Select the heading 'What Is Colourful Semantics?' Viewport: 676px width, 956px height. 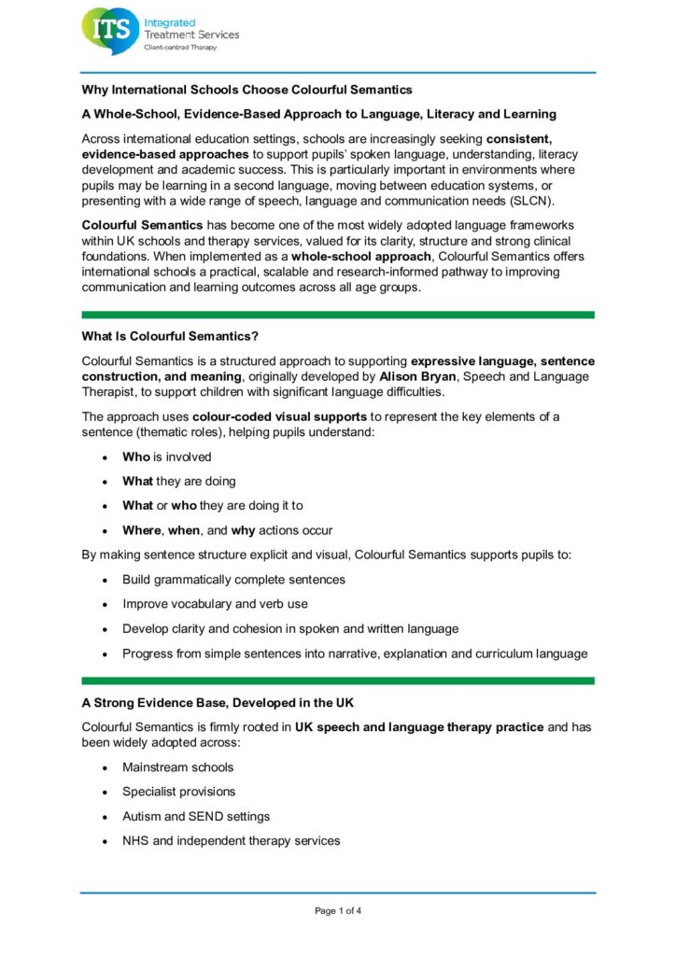click(167, 336)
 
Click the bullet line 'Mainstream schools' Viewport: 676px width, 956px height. click(178, 767)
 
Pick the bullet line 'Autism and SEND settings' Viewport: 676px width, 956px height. click(196, 816)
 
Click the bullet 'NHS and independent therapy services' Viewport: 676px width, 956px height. click(231, 840)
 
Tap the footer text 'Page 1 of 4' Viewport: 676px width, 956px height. click(338, 911)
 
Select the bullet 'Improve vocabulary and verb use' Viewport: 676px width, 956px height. click(215, 604)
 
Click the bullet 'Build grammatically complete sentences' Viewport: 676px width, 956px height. click(233, 580)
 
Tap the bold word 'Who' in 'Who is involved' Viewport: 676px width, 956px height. click(135, 457)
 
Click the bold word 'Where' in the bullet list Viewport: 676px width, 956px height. click(142, 530)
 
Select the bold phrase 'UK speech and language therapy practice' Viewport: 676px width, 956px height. click(419, 726)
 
